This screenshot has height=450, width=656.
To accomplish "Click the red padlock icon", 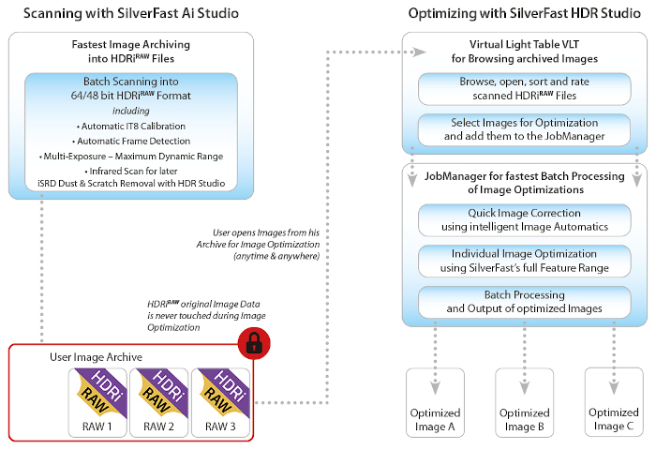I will point(253,344).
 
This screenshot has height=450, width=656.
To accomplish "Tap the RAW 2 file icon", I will point(160,399).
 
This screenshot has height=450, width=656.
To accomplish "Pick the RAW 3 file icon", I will point(220,399).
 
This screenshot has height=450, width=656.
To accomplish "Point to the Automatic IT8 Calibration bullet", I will point(131,126).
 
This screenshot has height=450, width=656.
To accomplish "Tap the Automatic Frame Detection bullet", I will point(131,141).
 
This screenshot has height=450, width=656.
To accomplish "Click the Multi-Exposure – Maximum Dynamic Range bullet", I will point(131,156).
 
